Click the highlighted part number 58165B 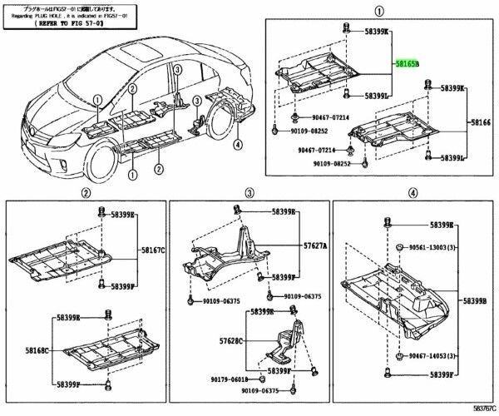(407, 63)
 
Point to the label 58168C (23, 350)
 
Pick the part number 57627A (314, 246)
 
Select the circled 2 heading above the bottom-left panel (85, 193)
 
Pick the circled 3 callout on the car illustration (196, 102)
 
